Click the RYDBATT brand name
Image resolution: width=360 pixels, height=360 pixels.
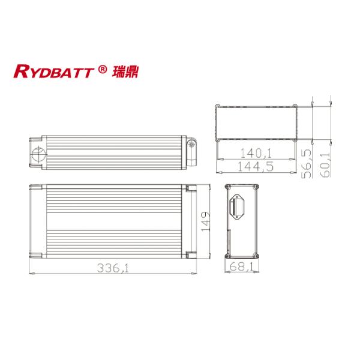54,72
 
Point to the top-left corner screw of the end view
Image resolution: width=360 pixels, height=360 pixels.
229,188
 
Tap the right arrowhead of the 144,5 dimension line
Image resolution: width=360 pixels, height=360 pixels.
298,173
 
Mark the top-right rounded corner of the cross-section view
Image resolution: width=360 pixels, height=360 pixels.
296,104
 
